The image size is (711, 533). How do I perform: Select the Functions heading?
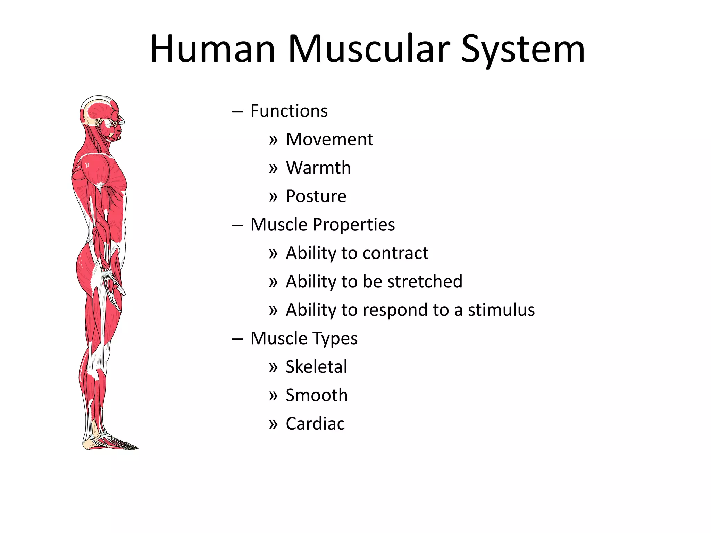[289, 111]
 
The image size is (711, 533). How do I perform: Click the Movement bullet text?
[329, 139]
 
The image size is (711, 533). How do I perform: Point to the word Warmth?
[318, 168]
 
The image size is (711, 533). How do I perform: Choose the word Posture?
[316, 196]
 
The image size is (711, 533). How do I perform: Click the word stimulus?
[501, 310]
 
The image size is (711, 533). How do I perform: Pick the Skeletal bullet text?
[316, 367]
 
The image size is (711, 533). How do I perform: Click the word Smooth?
[316, 395]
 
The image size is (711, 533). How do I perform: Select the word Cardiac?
[315, 424]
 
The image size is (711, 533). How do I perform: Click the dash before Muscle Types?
[237, 339]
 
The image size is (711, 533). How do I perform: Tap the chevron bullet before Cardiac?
[273, 424]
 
